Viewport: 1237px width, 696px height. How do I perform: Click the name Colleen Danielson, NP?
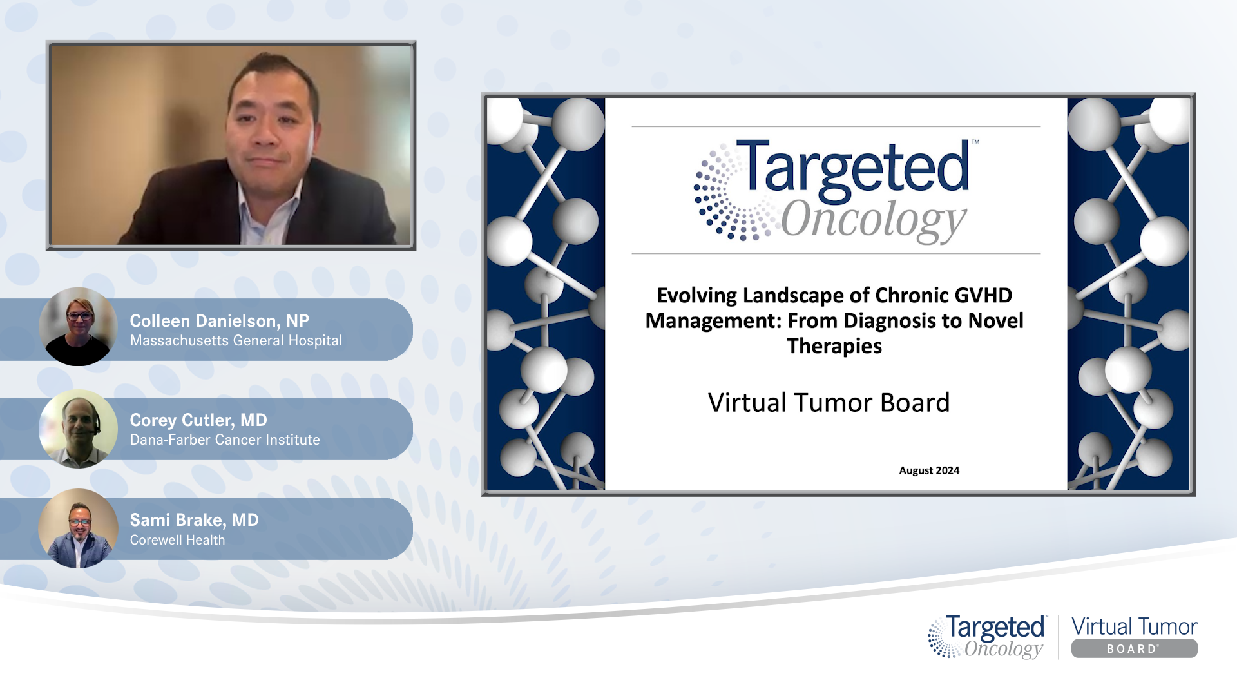[x=219, y=320]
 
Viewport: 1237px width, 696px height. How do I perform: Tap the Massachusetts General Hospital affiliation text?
[x=236, y=341]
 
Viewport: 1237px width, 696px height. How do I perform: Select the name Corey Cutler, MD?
[x=198, y=420]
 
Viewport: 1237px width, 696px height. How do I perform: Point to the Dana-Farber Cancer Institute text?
[x=225, y=440]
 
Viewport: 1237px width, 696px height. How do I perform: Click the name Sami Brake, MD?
[x=194, y=520]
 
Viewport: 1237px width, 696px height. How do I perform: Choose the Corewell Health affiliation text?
[x=177, y=540]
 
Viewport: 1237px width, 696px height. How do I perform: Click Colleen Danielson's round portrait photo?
[x=78, y=327]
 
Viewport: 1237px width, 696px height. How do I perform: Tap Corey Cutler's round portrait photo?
[x=78, y=429]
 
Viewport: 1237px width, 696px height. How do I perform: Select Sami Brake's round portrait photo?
[x=78, y=528]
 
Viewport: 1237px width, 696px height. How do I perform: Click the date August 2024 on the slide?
[x=929, y=470]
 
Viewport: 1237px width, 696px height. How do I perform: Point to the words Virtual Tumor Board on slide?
[x=829, y=403]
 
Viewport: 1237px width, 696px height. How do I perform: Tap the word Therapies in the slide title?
[x=834, y=346]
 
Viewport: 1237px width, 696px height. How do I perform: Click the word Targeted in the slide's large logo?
[x=854, y=168]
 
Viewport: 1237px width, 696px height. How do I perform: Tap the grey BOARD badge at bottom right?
[x=1134, y=649]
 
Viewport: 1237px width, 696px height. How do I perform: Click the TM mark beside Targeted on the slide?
[x=975, y=142]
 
